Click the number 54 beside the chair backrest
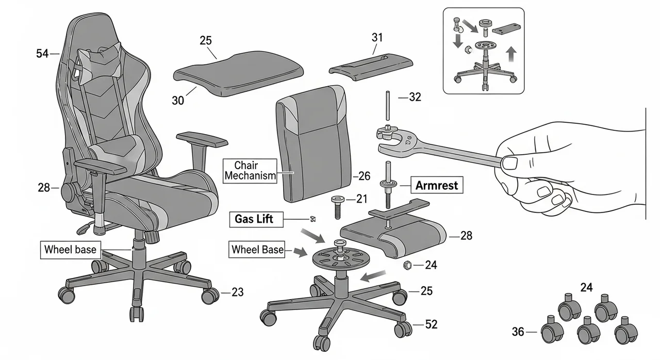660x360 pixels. [x=42, y=53]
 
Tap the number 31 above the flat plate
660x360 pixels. [x=377, y=38]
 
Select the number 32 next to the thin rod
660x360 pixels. [x=415, y=96]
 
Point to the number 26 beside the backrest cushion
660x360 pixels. [x=364, y=176]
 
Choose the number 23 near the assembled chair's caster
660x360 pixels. [x=237, y=292]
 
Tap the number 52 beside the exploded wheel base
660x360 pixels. [x=431, y=324]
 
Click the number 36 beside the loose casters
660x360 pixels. [x=518, y=332]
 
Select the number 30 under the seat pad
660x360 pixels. [x=177, y=101]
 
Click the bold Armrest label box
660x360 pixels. [x=437, y=185]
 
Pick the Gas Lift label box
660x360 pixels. [x=254, y=219]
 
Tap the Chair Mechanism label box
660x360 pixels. [x=250, y=171]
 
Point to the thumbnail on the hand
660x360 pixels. [x=509, y=163]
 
